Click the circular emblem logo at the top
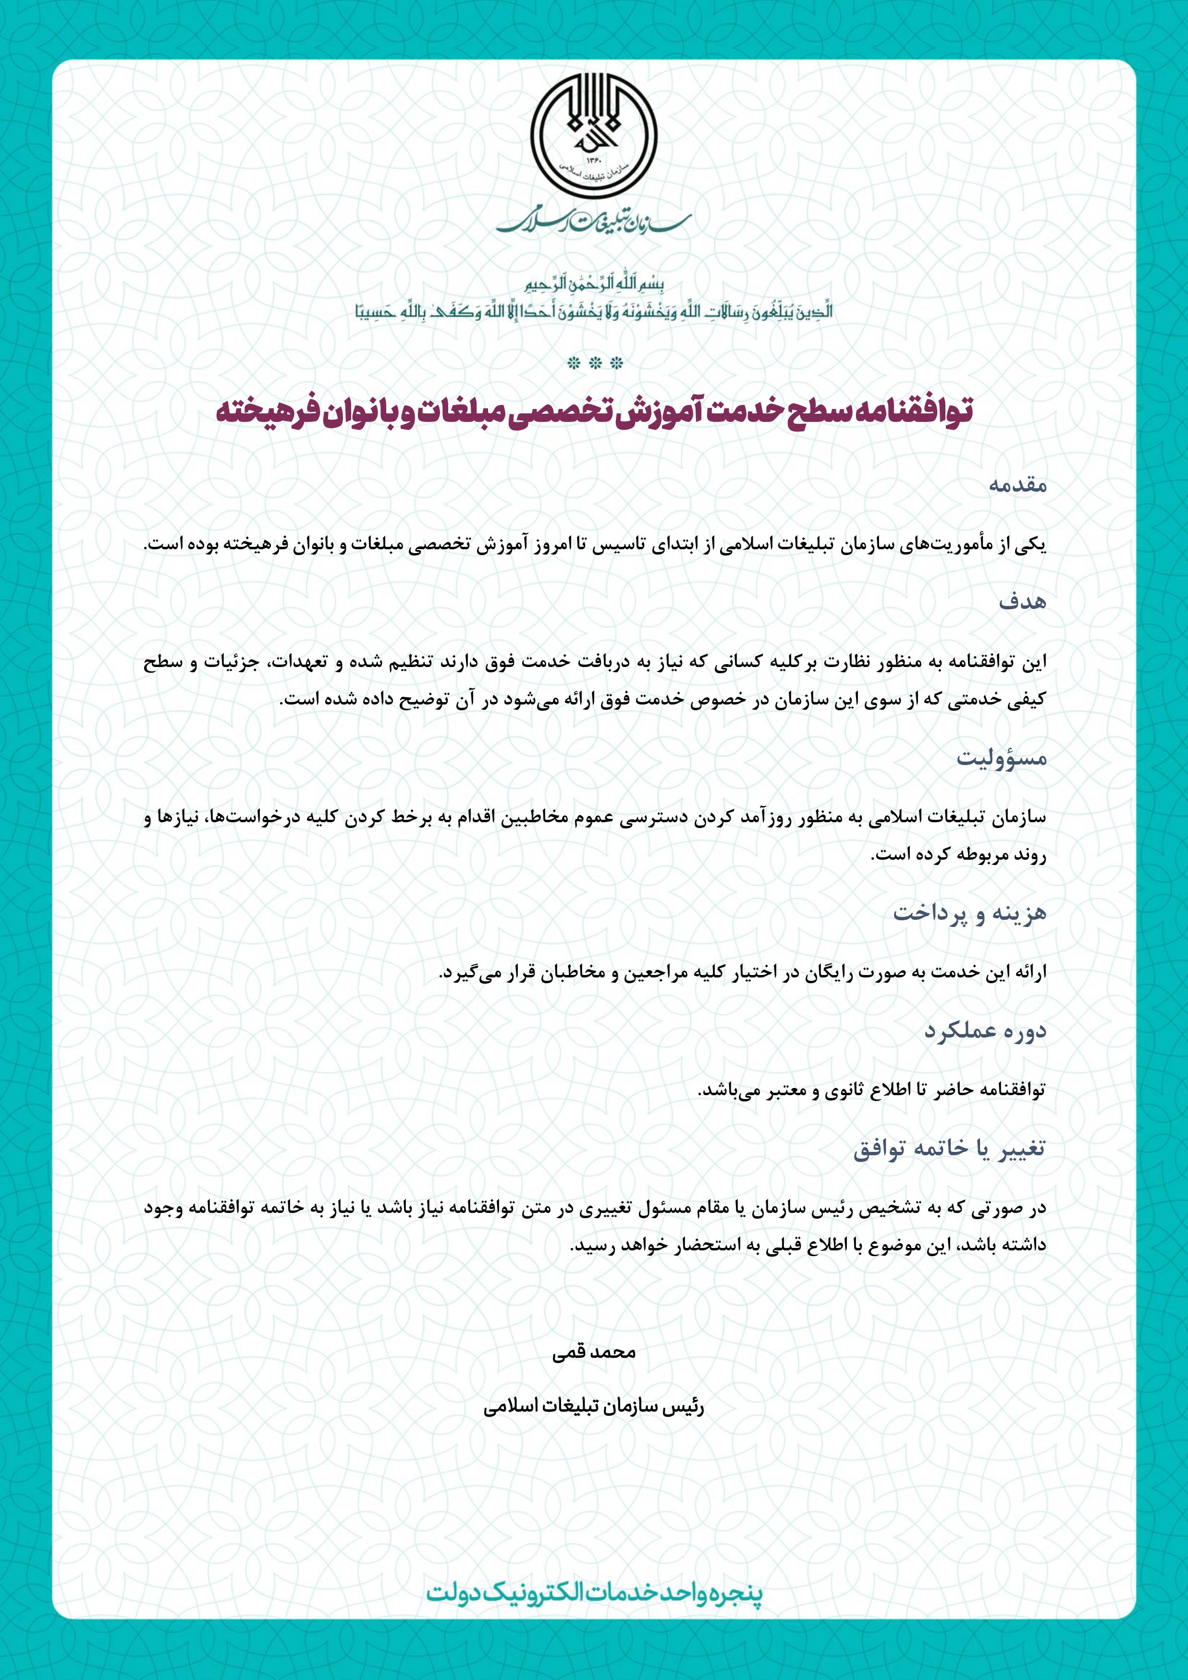(x=593, y=138)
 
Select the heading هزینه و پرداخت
(x=969, y=913)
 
